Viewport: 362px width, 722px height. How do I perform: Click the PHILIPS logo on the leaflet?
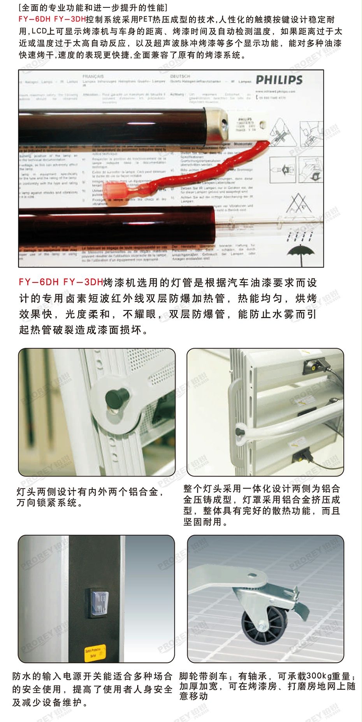tap(279, 80)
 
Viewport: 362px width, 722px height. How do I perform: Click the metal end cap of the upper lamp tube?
tap(216, 121)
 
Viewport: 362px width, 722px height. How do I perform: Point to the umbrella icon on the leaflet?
tap(300, 249)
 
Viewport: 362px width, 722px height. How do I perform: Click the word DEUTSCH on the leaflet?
tap(180, 76)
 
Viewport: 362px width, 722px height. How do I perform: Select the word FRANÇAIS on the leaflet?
tap(93, 76)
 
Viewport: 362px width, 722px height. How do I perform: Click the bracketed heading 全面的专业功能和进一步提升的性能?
tap(93, 7)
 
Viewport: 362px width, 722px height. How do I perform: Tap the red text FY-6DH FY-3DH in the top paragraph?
tap(52, 19)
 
